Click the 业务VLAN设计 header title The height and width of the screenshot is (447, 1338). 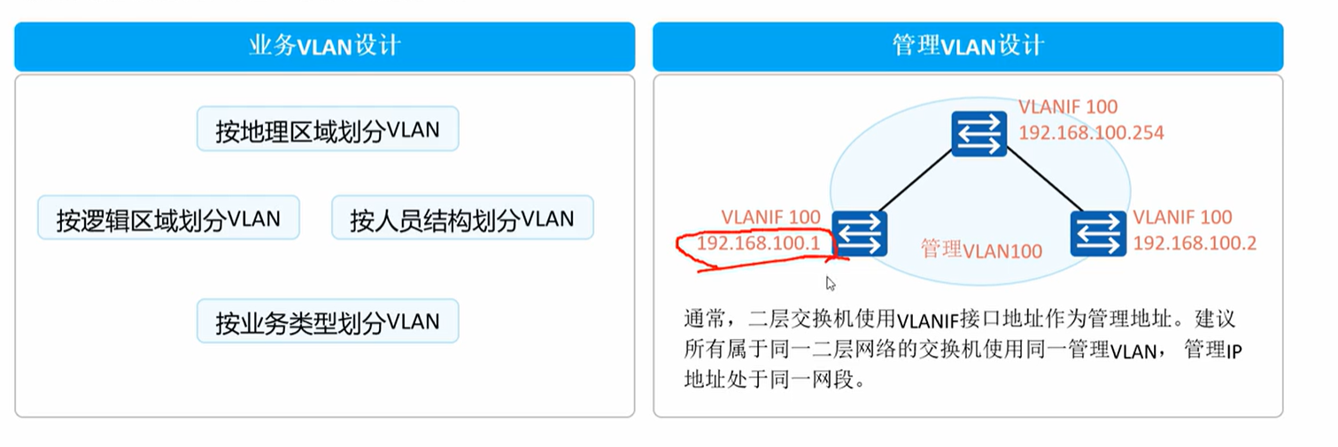point(324,46)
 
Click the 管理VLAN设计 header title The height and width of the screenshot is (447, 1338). point(968,46)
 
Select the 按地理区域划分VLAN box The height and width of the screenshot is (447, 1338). point(328,131)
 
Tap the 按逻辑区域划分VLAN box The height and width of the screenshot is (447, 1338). point(168,218)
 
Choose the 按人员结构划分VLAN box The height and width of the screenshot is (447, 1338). point(462,218)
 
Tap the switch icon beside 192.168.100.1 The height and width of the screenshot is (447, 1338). point(859,234)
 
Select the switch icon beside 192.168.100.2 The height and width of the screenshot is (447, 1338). point(1098,234)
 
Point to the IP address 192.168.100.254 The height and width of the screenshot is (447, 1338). point(1091,133)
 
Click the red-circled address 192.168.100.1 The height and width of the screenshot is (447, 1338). point(758,242)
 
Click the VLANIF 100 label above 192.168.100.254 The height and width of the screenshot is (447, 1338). point(1067,107)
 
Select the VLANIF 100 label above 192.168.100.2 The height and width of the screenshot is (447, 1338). point(1182,217)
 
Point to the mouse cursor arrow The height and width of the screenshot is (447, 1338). point(831,283)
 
